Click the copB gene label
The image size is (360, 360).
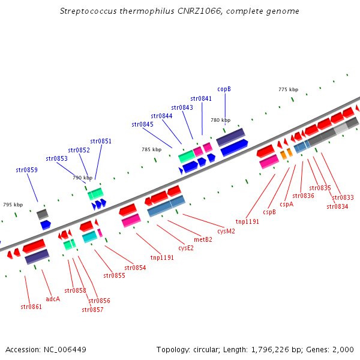coord(224,89)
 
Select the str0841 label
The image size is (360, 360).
coord(201,98)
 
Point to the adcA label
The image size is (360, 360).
coord(53,298)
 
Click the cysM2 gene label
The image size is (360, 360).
coord(226,230)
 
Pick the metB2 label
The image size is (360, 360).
coord(203,239)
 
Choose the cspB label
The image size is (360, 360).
coord(270,212)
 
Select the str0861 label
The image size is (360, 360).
coord(31,307)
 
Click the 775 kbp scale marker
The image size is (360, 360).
coord(288,89)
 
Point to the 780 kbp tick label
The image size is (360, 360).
coord(220,120)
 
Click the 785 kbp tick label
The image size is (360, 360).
coord(151,149)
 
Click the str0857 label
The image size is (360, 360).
coord(92,310)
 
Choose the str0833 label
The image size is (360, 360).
coord(343,197)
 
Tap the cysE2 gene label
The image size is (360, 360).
coord(186,247)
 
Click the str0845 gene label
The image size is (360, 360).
coord(142,124)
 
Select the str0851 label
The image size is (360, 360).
coord(101,141)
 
